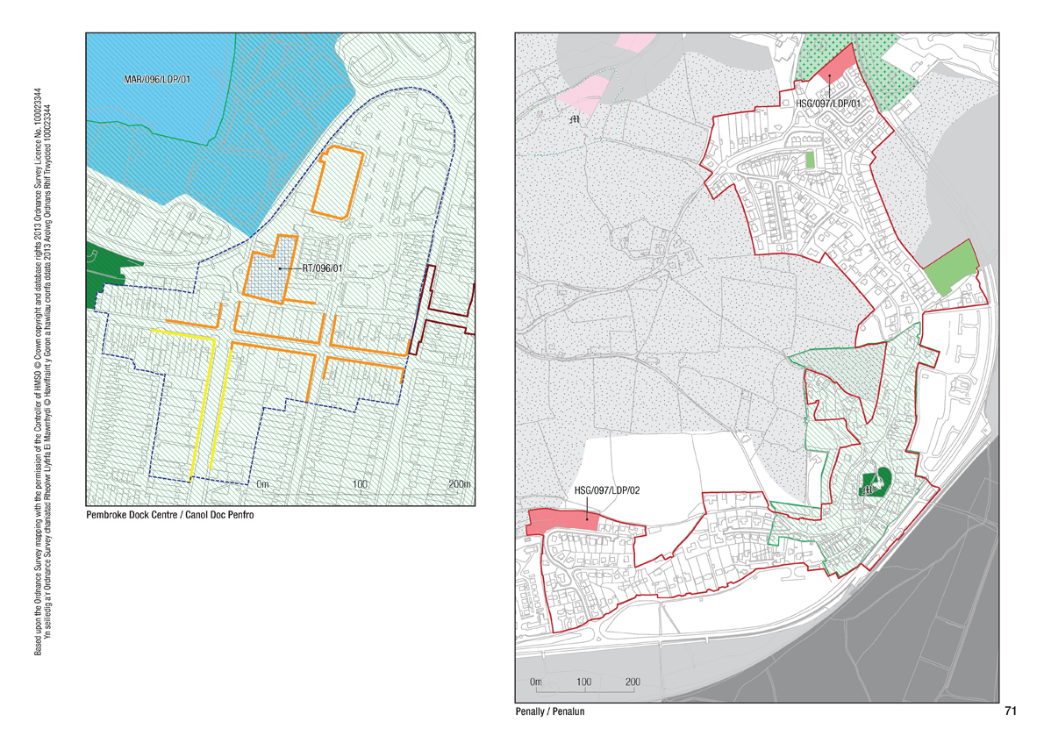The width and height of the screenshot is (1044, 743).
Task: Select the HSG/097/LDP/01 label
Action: tap(827, 104)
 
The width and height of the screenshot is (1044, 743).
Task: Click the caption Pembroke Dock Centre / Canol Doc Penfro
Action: tap(169, 515)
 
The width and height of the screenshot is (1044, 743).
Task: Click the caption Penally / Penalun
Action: tap(549, 712)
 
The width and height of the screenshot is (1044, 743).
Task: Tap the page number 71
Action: tap(1009, 711)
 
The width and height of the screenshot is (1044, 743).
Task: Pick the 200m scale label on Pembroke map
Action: tap(459, 484)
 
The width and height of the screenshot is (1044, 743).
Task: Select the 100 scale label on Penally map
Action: tap(584, 682)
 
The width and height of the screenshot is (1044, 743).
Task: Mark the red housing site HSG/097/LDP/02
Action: tap(561, 520)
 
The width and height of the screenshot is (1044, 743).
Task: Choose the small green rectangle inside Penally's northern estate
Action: tap(809, 161)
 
